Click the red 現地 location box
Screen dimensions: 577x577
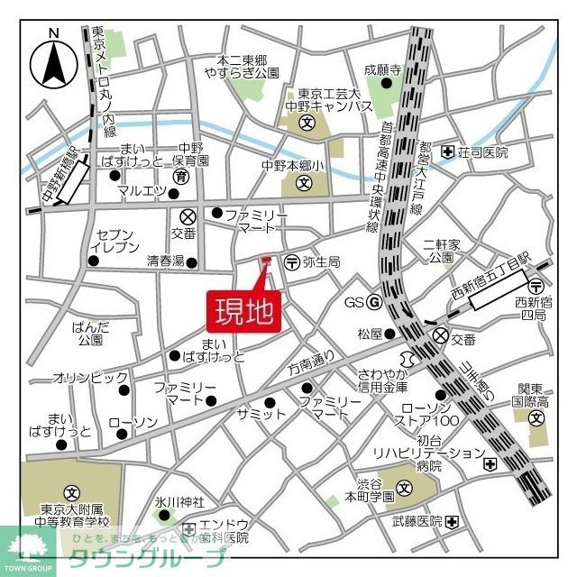tap(244, 310)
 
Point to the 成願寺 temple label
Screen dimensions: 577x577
tap(381, 69)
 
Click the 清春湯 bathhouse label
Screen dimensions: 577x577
tap(165, 262)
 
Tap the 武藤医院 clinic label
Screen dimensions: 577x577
tap(417, 522)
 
